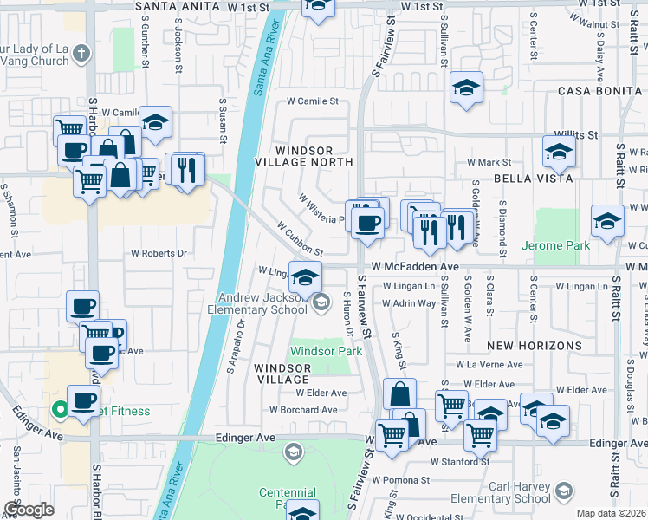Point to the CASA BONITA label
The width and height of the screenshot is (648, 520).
coord(594,91)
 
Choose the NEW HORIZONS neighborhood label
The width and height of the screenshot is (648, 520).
coord(534,345)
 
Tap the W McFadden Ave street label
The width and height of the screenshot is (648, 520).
coord(415,267)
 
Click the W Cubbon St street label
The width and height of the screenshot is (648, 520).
coord(300,238)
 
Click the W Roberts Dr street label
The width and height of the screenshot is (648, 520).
coord(159,254)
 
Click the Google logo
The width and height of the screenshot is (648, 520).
coord(28,510)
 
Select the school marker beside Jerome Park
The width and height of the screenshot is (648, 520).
coord(607,221)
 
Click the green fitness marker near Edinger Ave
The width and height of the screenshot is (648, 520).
coord(60,411)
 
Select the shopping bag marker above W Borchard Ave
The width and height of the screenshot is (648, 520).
coord(399,394)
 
